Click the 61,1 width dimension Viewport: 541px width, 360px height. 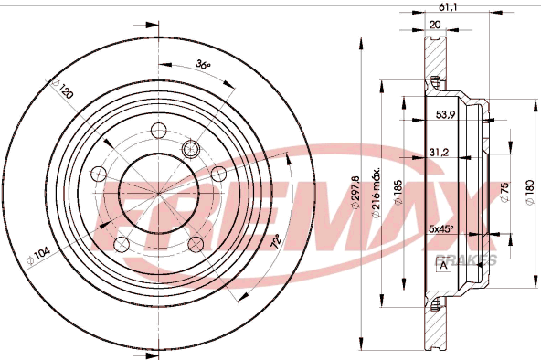(x=448, y=6)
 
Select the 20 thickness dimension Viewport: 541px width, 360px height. (x=435, y=25)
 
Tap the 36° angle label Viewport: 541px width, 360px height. (x=203, y=64)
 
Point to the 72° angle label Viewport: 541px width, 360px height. (x=276, y=241)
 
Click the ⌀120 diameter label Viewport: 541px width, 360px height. (x=62, y=89)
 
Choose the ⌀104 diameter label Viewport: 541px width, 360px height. (x=38, y=256)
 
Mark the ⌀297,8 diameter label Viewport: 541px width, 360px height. (x=355, y=193)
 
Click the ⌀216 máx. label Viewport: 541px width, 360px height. (x=377, y=193)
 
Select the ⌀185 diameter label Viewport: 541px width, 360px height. (x=398, y=193)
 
